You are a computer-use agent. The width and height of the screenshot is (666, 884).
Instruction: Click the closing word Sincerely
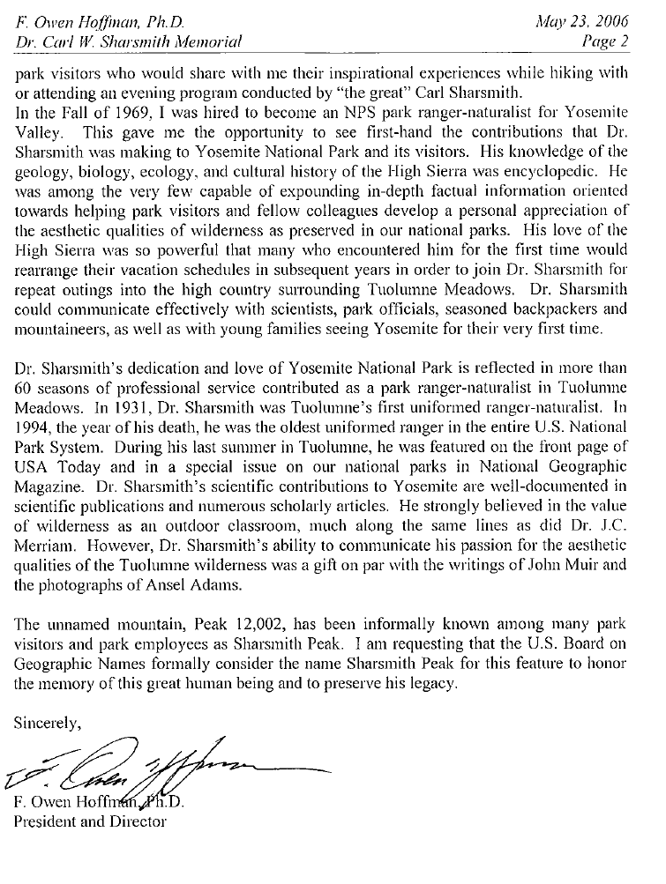(x=49, y=724)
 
